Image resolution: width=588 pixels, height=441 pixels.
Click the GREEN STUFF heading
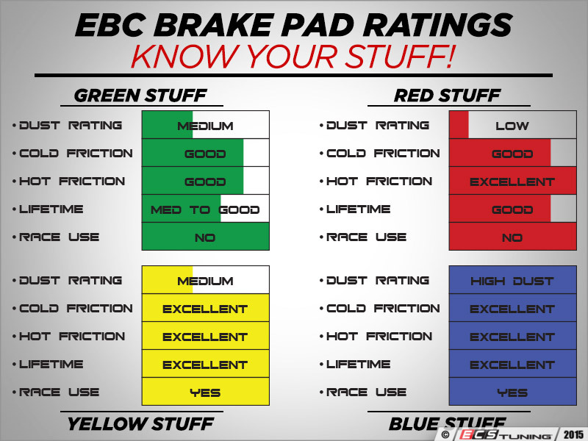140,96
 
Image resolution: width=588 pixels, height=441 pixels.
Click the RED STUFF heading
447,96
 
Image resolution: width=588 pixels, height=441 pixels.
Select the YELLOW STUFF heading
140,423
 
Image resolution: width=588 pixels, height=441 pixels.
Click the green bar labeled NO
205,237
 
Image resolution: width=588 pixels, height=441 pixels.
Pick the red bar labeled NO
512,237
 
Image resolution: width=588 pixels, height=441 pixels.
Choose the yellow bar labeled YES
205,392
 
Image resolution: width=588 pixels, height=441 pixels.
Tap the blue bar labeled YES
512,392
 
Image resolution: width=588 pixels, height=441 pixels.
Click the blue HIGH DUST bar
512,281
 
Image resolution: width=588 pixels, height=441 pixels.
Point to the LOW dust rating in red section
512,126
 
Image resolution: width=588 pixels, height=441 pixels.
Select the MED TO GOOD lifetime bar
205,209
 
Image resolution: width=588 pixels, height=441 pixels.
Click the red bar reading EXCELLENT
512,182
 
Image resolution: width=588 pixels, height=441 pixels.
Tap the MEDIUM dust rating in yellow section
205,281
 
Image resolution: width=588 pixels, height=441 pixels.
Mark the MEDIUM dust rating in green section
205,126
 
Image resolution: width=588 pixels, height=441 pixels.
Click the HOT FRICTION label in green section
72,182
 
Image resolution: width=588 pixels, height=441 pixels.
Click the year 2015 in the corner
573,432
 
